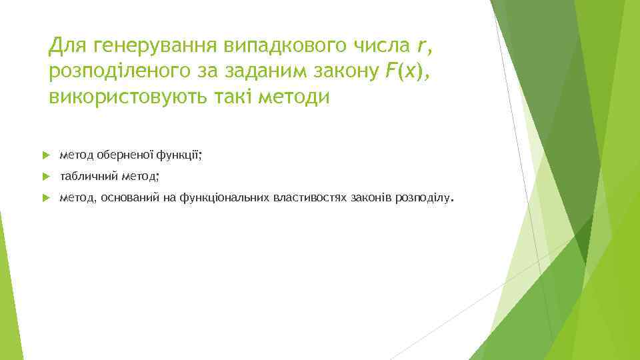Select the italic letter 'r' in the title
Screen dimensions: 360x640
(x=420, y=46)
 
